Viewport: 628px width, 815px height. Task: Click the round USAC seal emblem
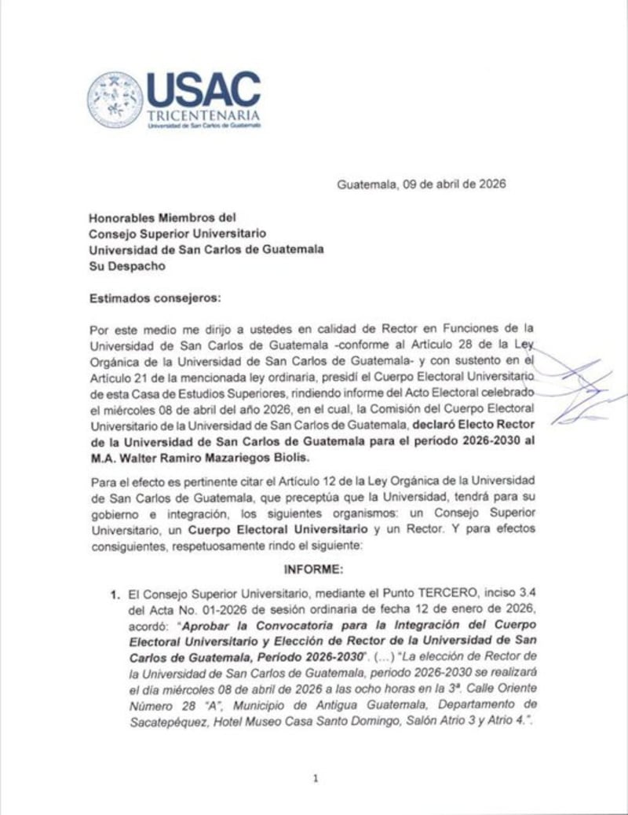pos(115,100)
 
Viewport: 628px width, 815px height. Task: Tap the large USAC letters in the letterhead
pos(203,90)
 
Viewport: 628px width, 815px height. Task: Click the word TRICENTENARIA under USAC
pos(203,115)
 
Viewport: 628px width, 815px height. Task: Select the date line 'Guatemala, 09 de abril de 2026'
pos(422,185)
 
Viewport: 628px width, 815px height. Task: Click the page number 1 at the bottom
pos(314,779)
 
